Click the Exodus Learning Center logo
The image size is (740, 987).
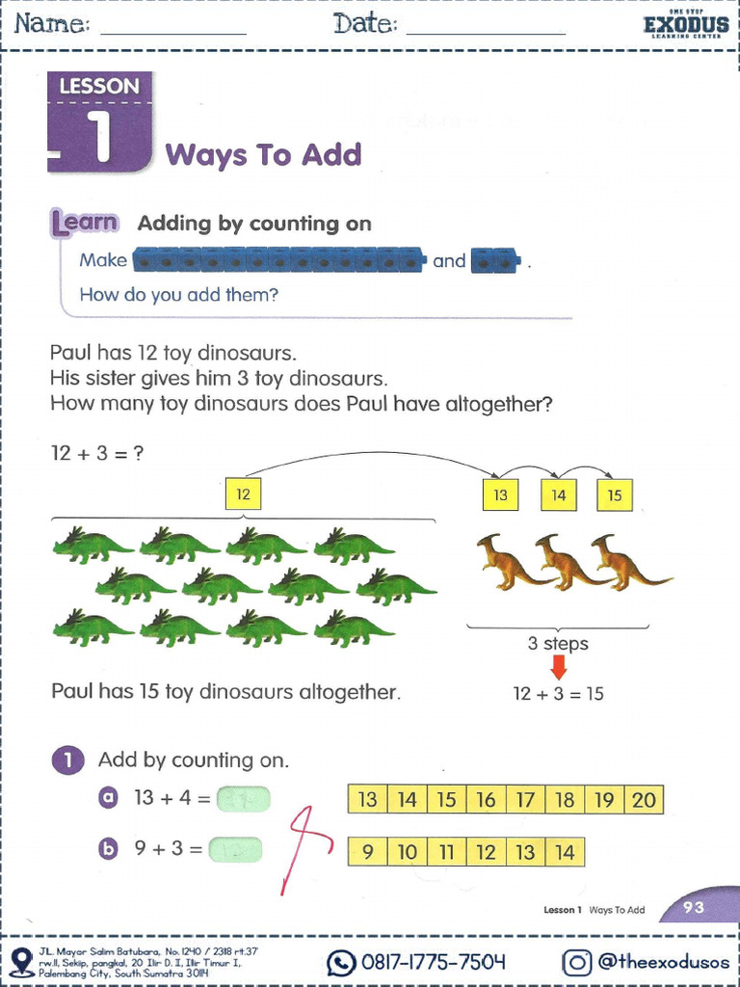[x=685, y=25]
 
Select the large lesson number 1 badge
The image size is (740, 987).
[x=99, y=125]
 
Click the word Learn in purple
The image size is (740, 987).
[x=85, y=224]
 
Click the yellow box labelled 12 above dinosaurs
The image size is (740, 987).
[x=243, y=494]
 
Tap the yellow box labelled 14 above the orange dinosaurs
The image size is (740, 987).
[x=558, y=495]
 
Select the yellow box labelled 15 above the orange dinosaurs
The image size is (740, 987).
[x=615, y=495]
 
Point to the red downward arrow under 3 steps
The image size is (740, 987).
[x=558, y=668]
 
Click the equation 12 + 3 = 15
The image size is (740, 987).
[x=558, y=693]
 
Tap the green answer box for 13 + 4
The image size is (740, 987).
[x=243, y=798]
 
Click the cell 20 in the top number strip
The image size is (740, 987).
[x=644, y=799]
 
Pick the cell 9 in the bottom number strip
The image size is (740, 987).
[x=367, y=851]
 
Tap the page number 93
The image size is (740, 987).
[x=694, y=906]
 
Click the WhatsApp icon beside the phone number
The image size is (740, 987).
[x=341, y=961]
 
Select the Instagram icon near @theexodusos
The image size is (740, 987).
[x=576, y=961]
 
